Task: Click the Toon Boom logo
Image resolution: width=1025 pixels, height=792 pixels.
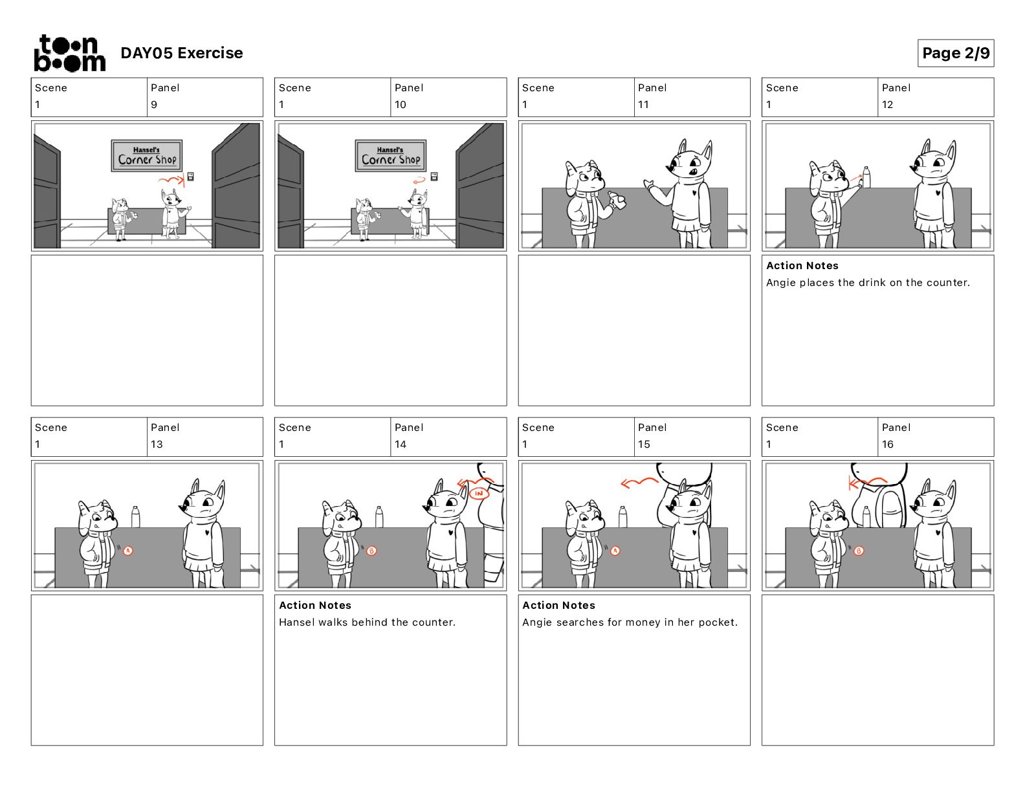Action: click(70, 53)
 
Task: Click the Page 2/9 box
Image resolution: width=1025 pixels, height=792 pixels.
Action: click(955, 53)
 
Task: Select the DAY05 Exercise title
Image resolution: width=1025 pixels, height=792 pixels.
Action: click(182, 53)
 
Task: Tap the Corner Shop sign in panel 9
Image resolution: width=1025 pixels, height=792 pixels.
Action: click(147, 155)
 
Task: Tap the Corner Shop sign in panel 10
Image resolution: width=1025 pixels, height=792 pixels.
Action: click(391, 155)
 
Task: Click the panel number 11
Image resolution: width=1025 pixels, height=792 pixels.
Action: click(643, 105)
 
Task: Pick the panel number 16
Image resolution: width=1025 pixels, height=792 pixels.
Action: click(887, 445)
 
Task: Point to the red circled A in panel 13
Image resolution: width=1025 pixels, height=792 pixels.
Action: click(128, 551)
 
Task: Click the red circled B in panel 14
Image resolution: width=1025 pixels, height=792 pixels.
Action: click(371, 551)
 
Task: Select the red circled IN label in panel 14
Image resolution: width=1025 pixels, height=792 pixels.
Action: click(479, 494)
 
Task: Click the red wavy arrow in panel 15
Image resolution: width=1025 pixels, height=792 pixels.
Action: click(639, 483)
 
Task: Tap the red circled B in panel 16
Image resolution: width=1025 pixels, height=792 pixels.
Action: click(859, 551)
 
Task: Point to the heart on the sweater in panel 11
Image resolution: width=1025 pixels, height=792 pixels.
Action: click(694, 192)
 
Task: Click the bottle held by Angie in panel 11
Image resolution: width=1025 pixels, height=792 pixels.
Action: click(617, 200)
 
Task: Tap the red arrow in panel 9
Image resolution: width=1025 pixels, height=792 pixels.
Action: click(171, 180)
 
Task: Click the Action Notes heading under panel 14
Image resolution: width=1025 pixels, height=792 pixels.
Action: click(315, 605)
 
